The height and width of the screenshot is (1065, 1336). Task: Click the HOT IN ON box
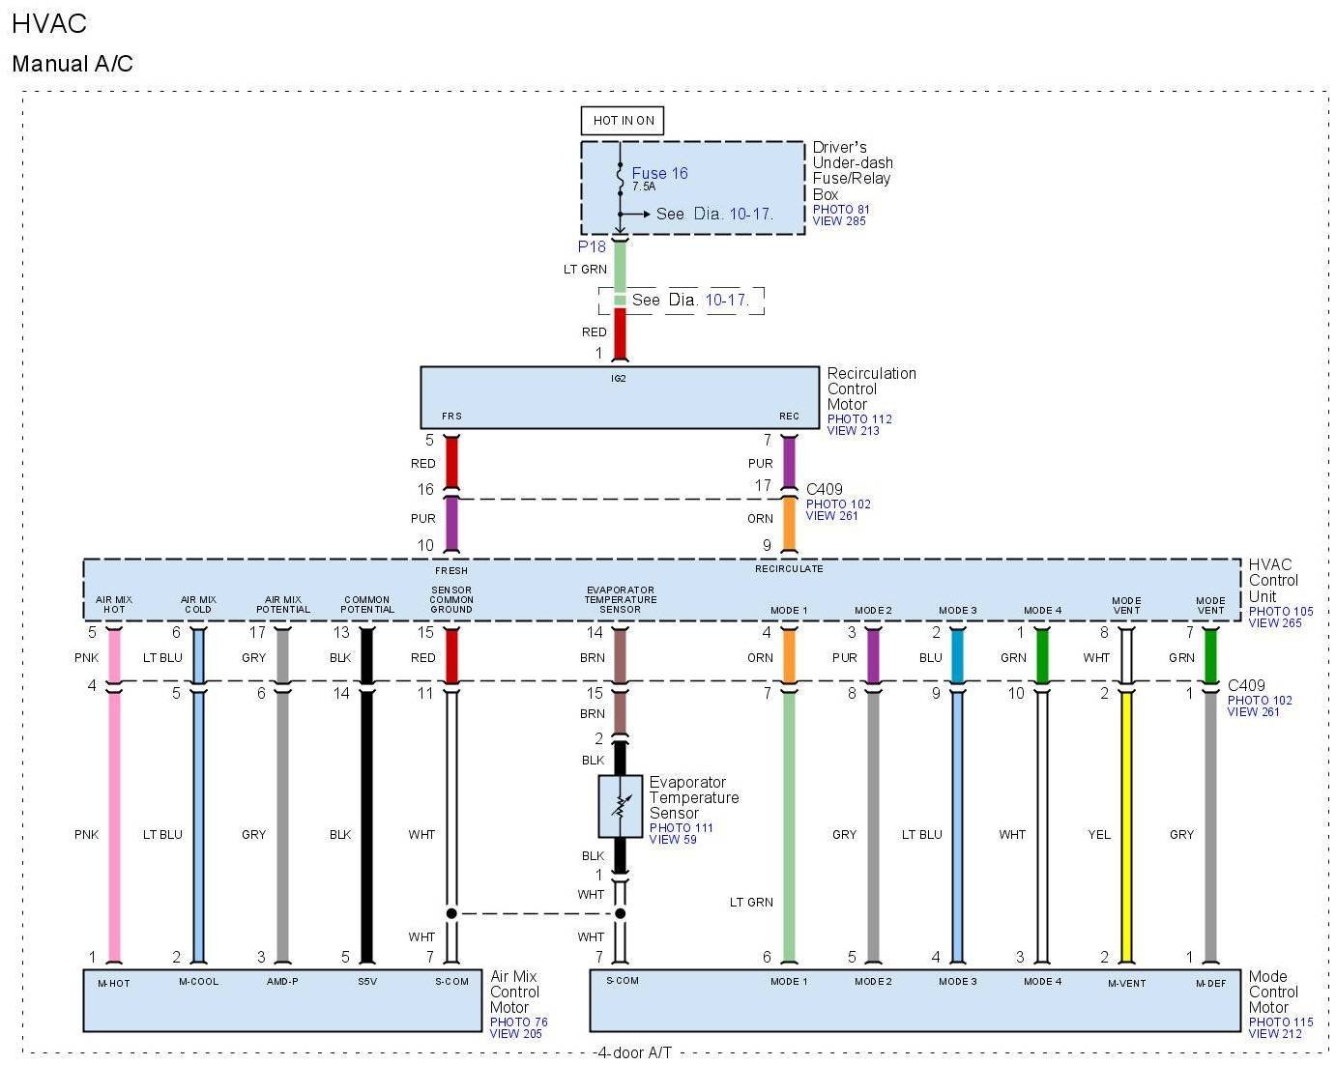click(x=623, y=120)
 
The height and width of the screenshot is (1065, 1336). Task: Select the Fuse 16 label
click(x=659, y=173)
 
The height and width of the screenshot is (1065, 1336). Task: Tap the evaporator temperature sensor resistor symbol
click(x=620, y=806)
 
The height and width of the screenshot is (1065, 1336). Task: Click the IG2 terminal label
click(x=619, y=378)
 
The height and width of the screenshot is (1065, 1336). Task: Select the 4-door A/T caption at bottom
click(x=634, y=1052)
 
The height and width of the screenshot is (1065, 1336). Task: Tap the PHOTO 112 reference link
click(x=859, y=418)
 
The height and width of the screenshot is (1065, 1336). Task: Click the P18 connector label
click(x=592, y=246)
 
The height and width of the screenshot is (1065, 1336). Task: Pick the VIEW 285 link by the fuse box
click(x=839, y=221)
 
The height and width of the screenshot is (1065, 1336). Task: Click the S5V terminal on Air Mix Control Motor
click(x=367, y=982)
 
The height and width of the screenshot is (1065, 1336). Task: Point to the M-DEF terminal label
click(x=1210, y=983)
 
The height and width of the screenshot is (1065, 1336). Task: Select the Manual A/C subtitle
click(x=73, y=64)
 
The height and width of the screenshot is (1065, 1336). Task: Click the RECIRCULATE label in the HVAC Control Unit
click(x=789, y=568)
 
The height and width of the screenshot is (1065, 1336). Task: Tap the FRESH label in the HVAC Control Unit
click(x=451, y=570)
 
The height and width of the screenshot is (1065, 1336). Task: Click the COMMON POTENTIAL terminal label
click(x=367, y=604)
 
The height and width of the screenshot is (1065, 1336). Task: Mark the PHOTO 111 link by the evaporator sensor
click(x=681, y=827)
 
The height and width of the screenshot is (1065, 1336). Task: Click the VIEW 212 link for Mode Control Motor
click(x=1275, y=1034)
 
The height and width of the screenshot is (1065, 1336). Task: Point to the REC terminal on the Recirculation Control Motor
click(x=789, y=417)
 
